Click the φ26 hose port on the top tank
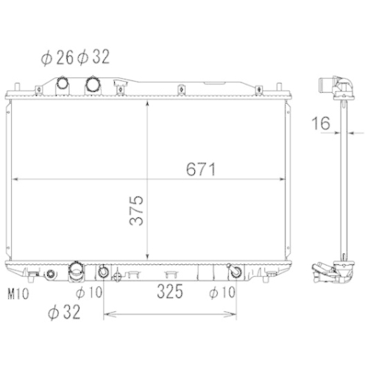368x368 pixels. [63, 83]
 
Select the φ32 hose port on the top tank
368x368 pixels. [95, 84]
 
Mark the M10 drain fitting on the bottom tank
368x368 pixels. [49, 276]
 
